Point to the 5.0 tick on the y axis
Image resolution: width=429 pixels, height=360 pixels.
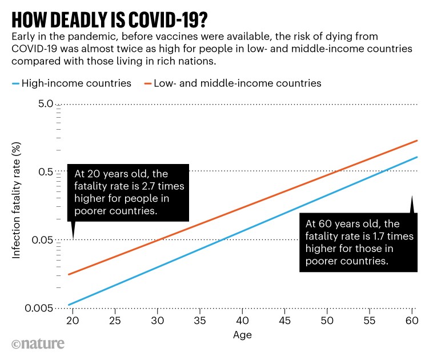point(46,104)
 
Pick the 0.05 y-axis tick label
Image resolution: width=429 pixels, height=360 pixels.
point(43,240)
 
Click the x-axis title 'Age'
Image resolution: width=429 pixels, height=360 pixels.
point(242,334)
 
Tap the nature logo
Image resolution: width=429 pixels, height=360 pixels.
point(38,343)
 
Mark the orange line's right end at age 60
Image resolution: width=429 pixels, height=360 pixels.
point(418,140)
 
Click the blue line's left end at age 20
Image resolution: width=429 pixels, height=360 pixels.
point(69,305)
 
